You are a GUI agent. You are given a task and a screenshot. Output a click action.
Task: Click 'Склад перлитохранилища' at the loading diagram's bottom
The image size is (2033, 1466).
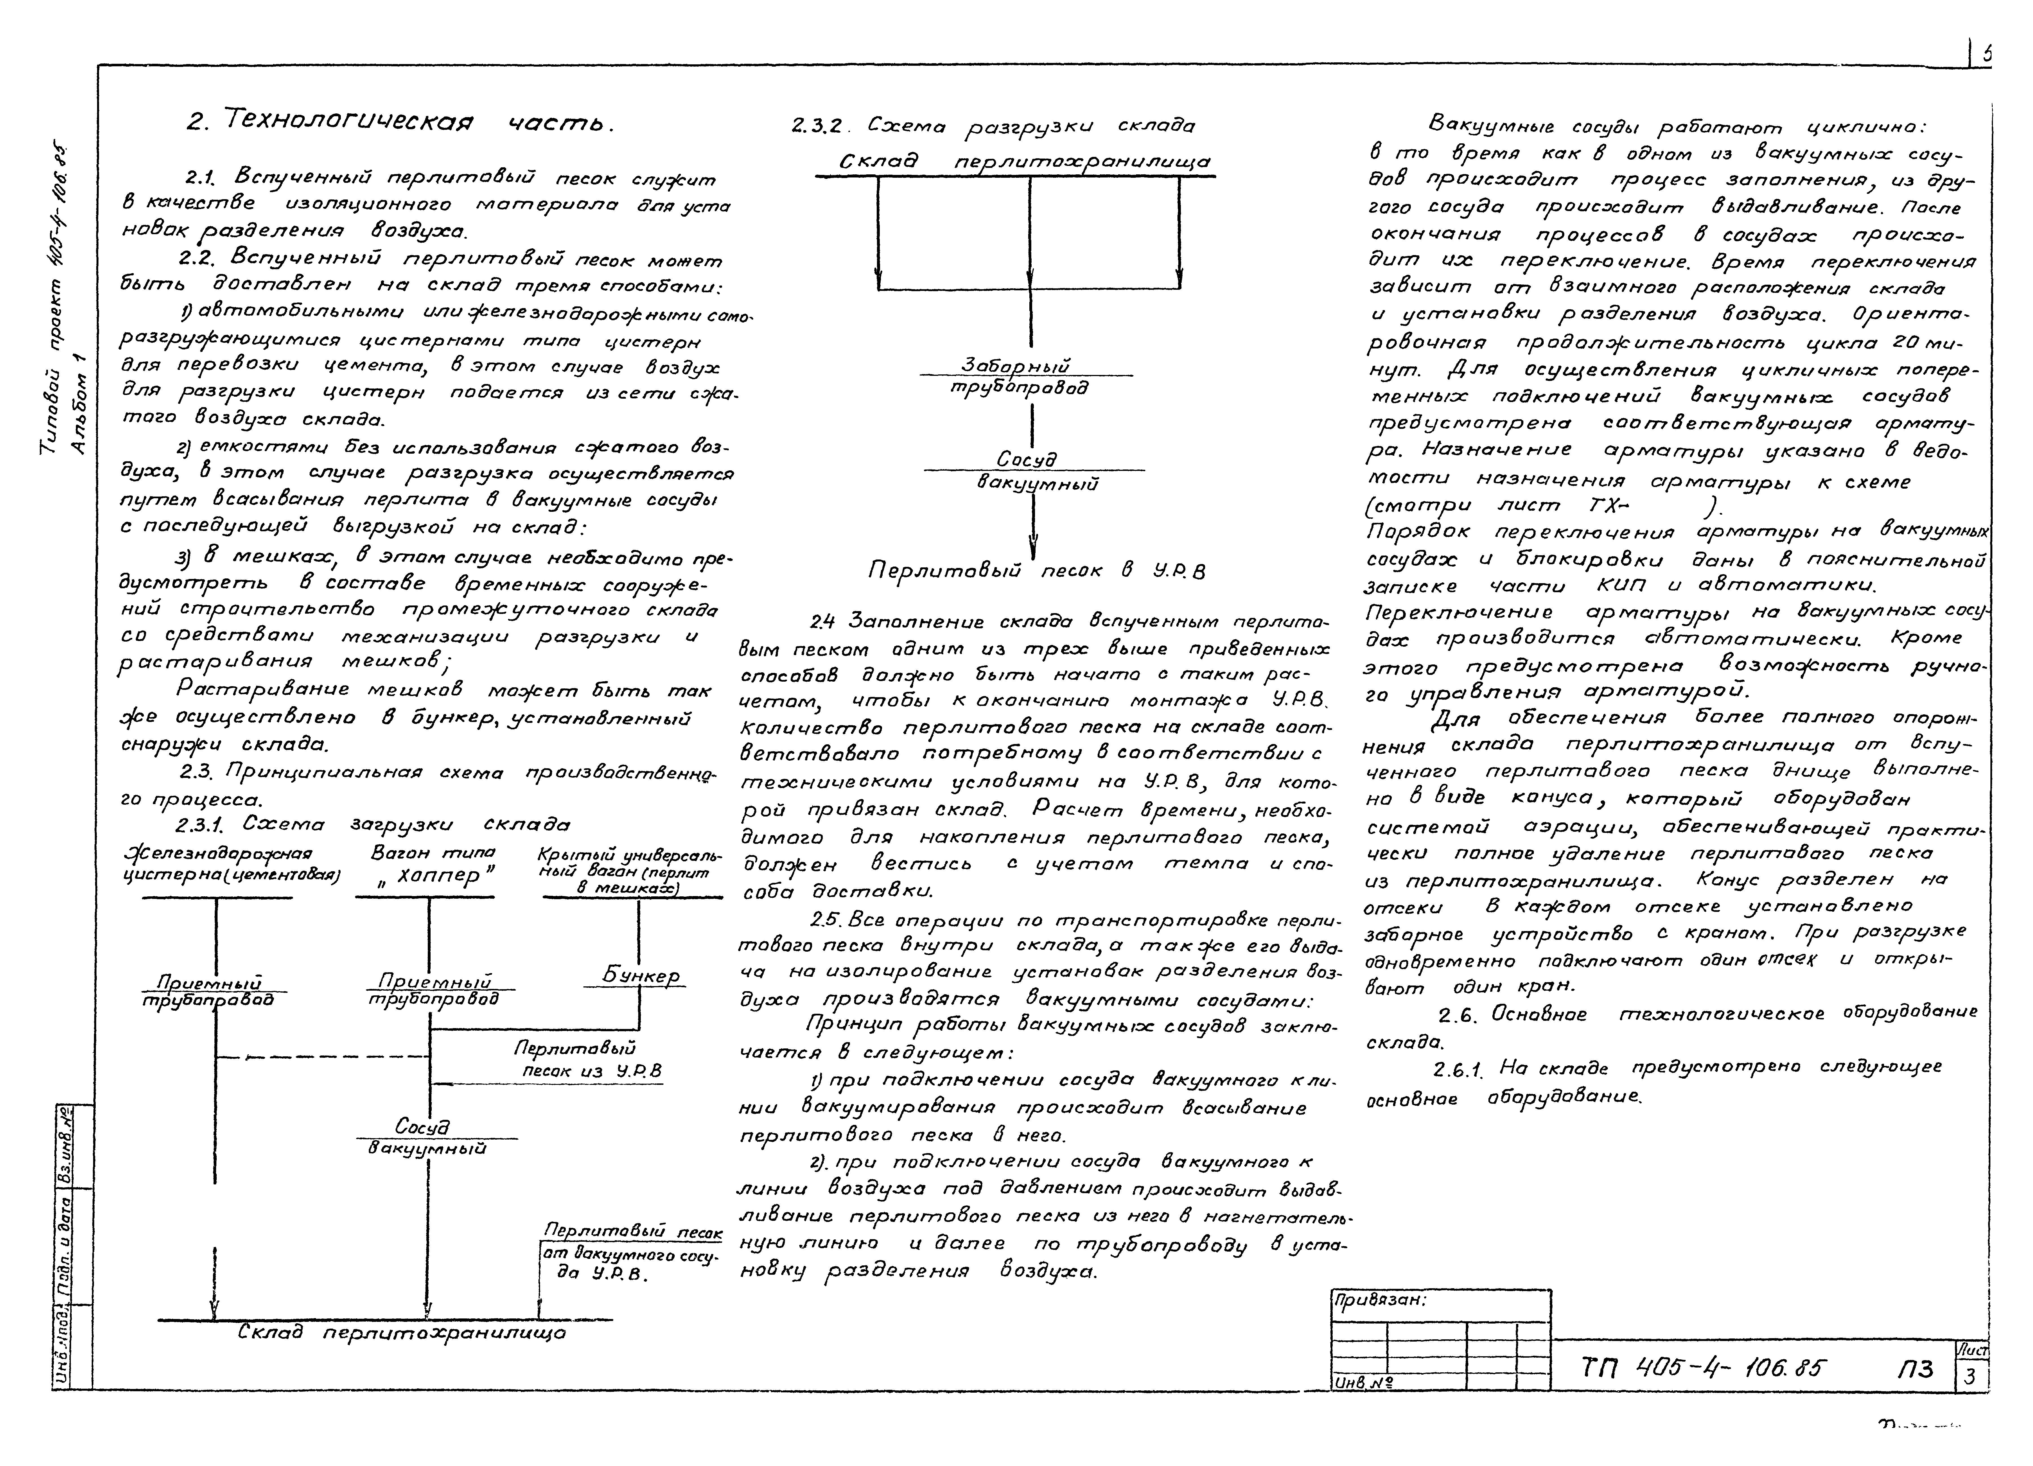[x=402, y=1333]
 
